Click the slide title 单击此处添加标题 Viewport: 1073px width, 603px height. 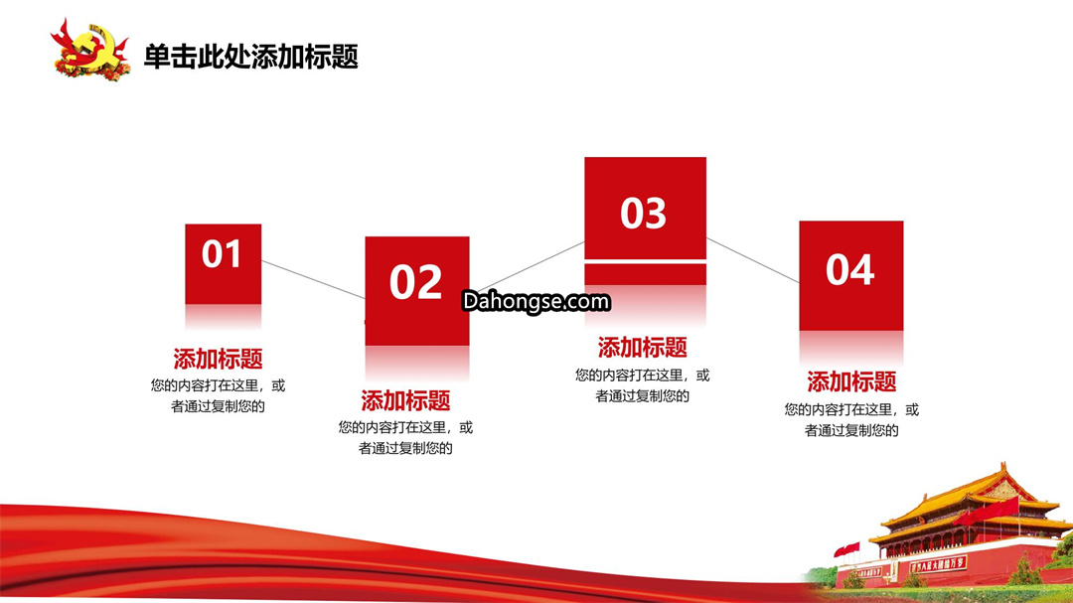coord(250,56)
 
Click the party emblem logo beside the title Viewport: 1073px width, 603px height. coord(89,50)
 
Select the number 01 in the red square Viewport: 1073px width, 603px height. coord(221,254)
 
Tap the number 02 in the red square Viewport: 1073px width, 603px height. coord(415,282)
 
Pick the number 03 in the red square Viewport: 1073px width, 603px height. coord(643,213)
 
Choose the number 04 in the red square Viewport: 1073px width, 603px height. coord(849,269)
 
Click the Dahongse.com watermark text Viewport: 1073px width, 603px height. coord(536,301)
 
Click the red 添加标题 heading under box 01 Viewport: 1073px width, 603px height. coord(218,359)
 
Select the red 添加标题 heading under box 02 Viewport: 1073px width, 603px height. coord(405,400)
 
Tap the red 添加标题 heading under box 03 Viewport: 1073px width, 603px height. coord(643,348)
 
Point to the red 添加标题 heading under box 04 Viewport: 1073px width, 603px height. coord(851,381)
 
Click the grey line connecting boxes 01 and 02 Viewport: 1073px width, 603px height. coord(313,280)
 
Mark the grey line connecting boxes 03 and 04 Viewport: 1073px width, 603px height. coord(753,260)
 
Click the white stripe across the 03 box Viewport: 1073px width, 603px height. coord(646,261)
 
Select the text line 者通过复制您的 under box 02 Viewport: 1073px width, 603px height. coord(405,448)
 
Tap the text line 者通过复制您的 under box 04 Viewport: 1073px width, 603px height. coord(851,430)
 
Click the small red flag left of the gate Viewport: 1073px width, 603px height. coord(847,549)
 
